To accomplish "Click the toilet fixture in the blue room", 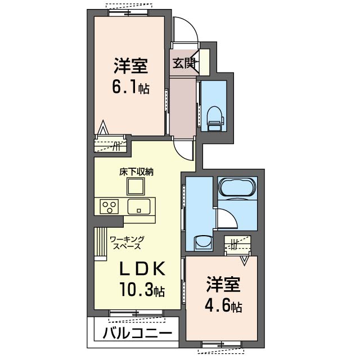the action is [215, 118].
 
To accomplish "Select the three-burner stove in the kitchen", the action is [109, 206].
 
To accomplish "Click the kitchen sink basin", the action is [139, 206].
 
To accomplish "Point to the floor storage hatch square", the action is [136, 187].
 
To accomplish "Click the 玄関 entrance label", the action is [184, 63].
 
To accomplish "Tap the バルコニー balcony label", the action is [137, 333].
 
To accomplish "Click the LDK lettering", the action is [142, 268].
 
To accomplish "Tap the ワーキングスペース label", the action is [127, 242].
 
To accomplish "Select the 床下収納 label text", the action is [136, 172].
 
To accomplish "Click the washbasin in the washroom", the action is [203, 243].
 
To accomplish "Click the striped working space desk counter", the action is [101, 244].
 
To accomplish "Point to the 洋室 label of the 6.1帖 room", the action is [130, 66].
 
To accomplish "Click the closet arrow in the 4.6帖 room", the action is [245, 261].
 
